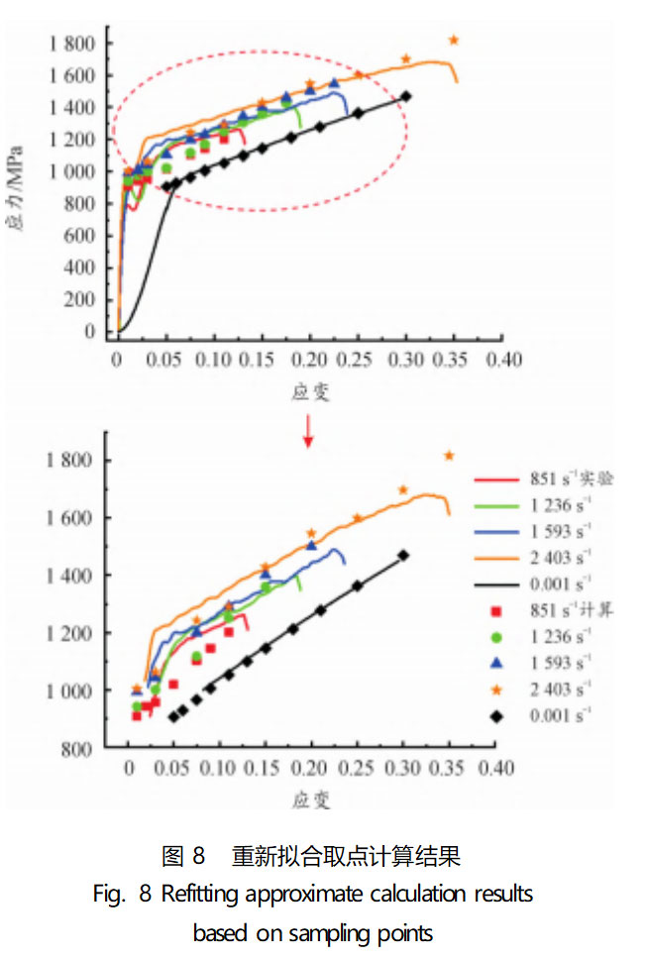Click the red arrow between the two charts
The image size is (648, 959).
pos(308,429)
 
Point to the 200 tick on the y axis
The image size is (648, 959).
pos(83,299)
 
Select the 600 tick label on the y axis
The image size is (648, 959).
pos(83,235)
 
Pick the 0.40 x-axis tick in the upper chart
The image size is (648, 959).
pos(502,360)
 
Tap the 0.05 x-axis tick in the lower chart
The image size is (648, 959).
pos(174,769)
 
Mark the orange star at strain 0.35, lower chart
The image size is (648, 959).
pos(449,456)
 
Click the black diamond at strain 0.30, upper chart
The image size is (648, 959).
pos(406,96)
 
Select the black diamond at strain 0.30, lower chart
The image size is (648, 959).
pos(403,556)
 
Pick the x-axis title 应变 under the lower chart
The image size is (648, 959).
pos(310,796)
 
